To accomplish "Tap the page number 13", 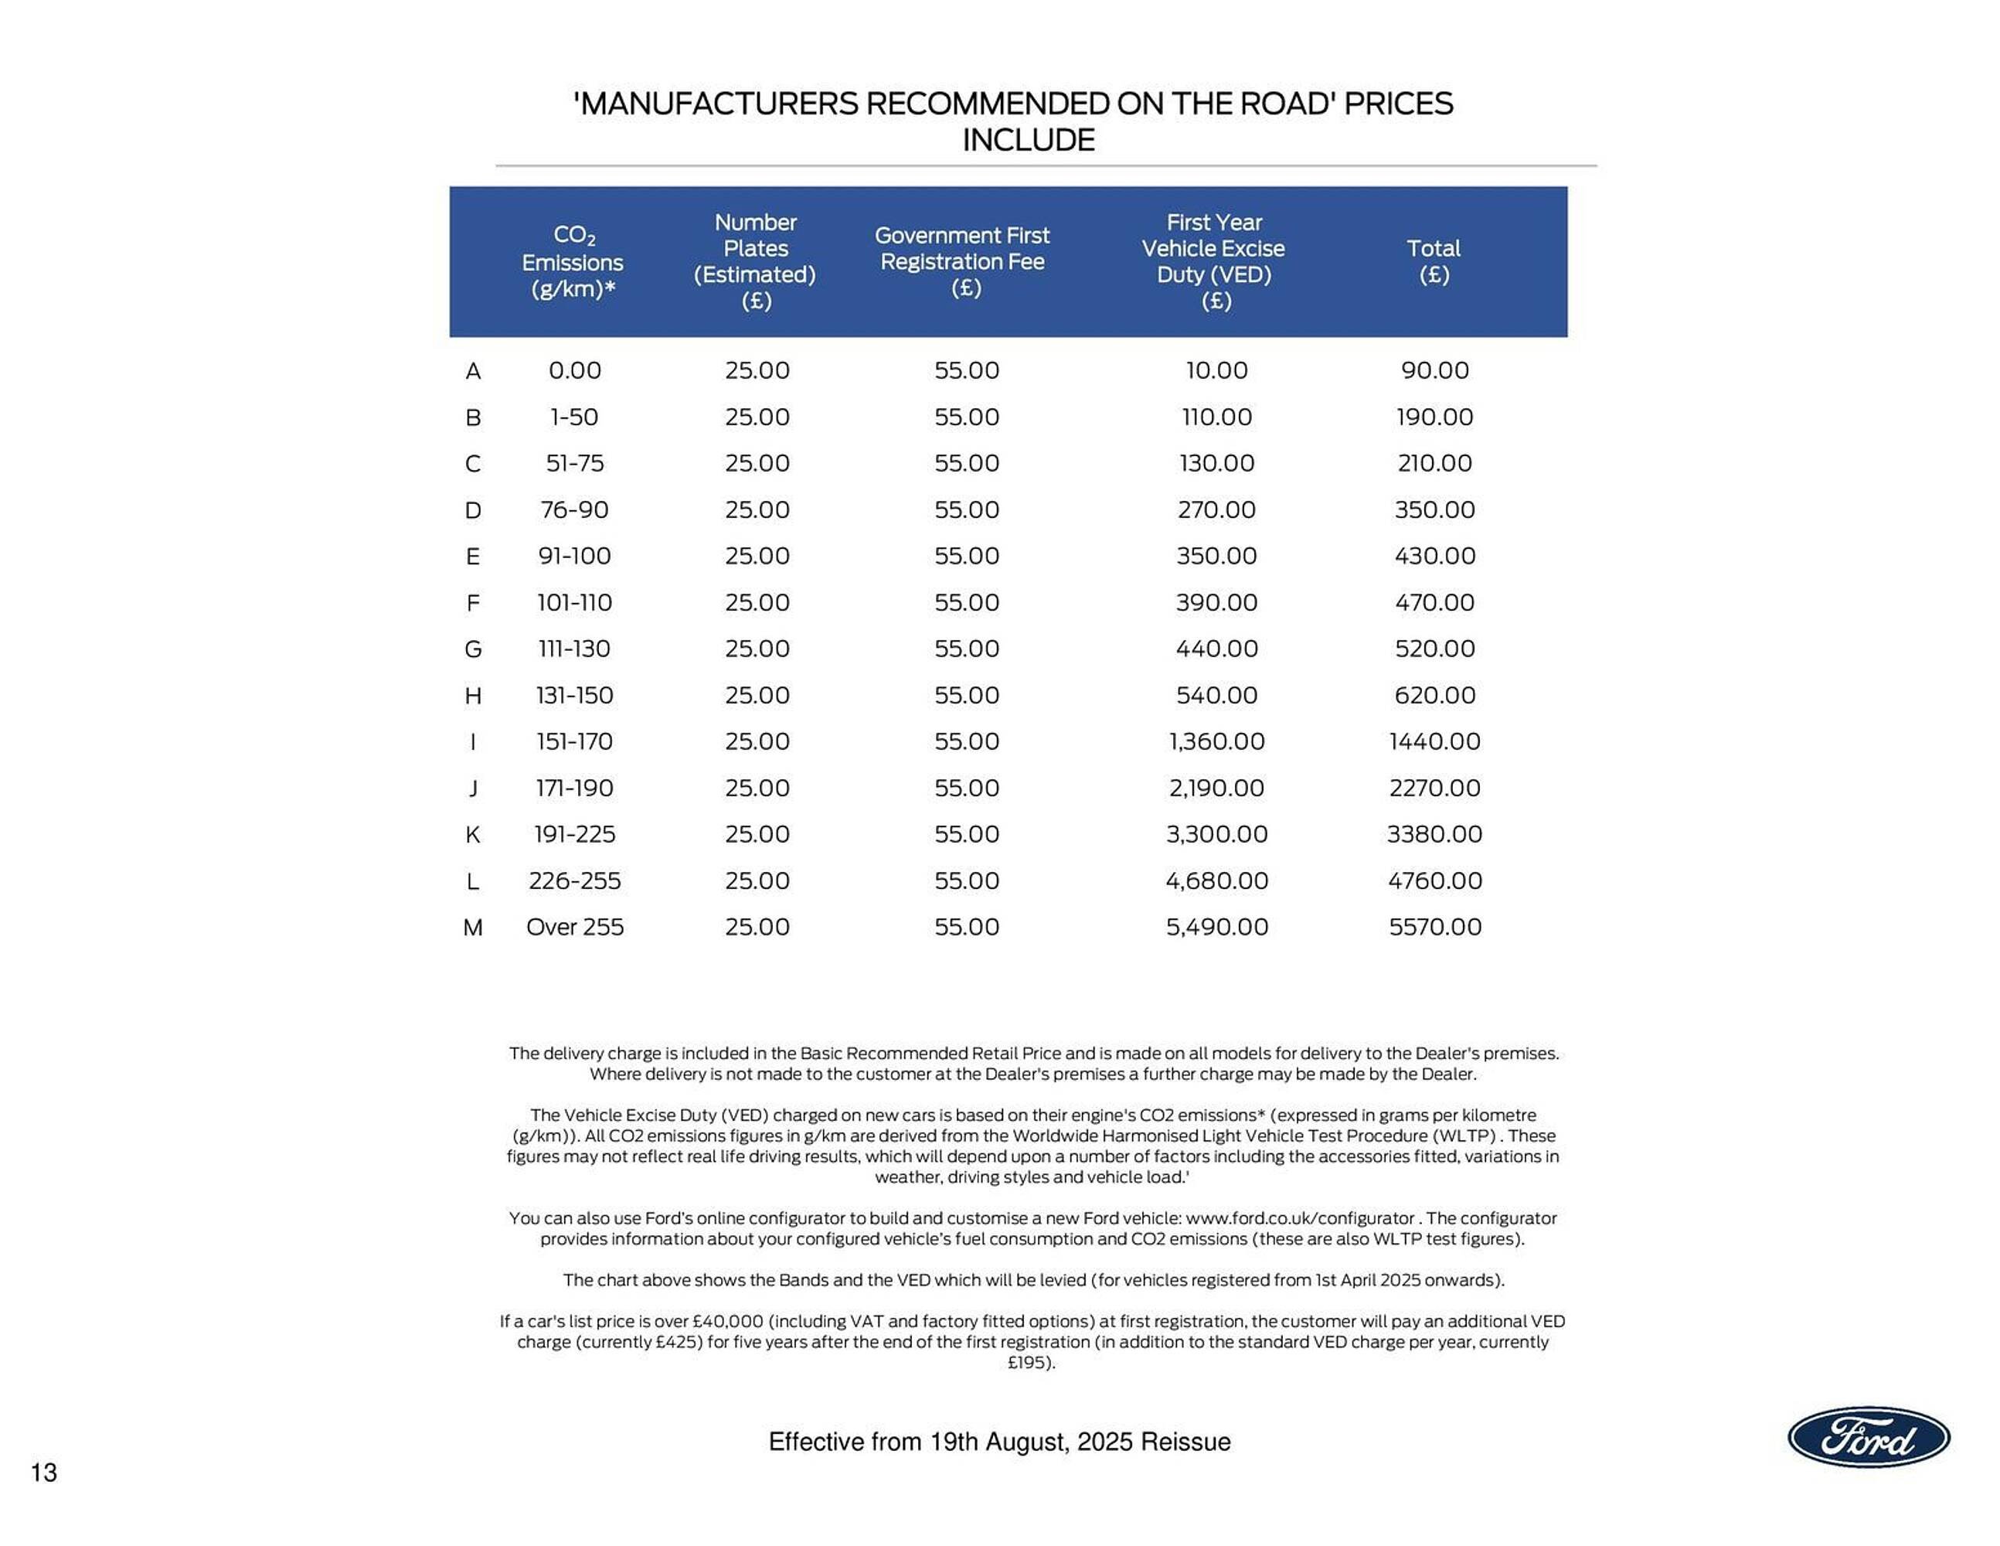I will point(44,1473).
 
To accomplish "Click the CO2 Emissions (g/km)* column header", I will point(573,262).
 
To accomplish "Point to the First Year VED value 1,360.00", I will point(1216,741).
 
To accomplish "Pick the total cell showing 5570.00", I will point(1434,927).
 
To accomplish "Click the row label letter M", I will point(472,928).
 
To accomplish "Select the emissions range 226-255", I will point(574,881).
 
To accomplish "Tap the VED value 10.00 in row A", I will point(1216,370).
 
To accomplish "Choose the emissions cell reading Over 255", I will point(574,927).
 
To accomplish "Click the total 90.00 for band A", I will point(1434,370).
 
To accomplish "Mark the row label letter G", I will point(472,649).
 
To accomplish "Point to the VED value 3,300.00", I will point(1216,834).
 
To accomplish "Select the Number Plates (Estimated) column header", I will point(756,261).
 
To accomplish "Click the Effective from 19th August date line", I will point(999,1442).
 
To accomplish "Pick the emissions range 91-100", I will point(574,556).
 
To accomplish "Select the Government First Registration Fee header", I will point(961,261).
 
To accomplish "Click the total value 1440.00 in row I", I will point(1434,741).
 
